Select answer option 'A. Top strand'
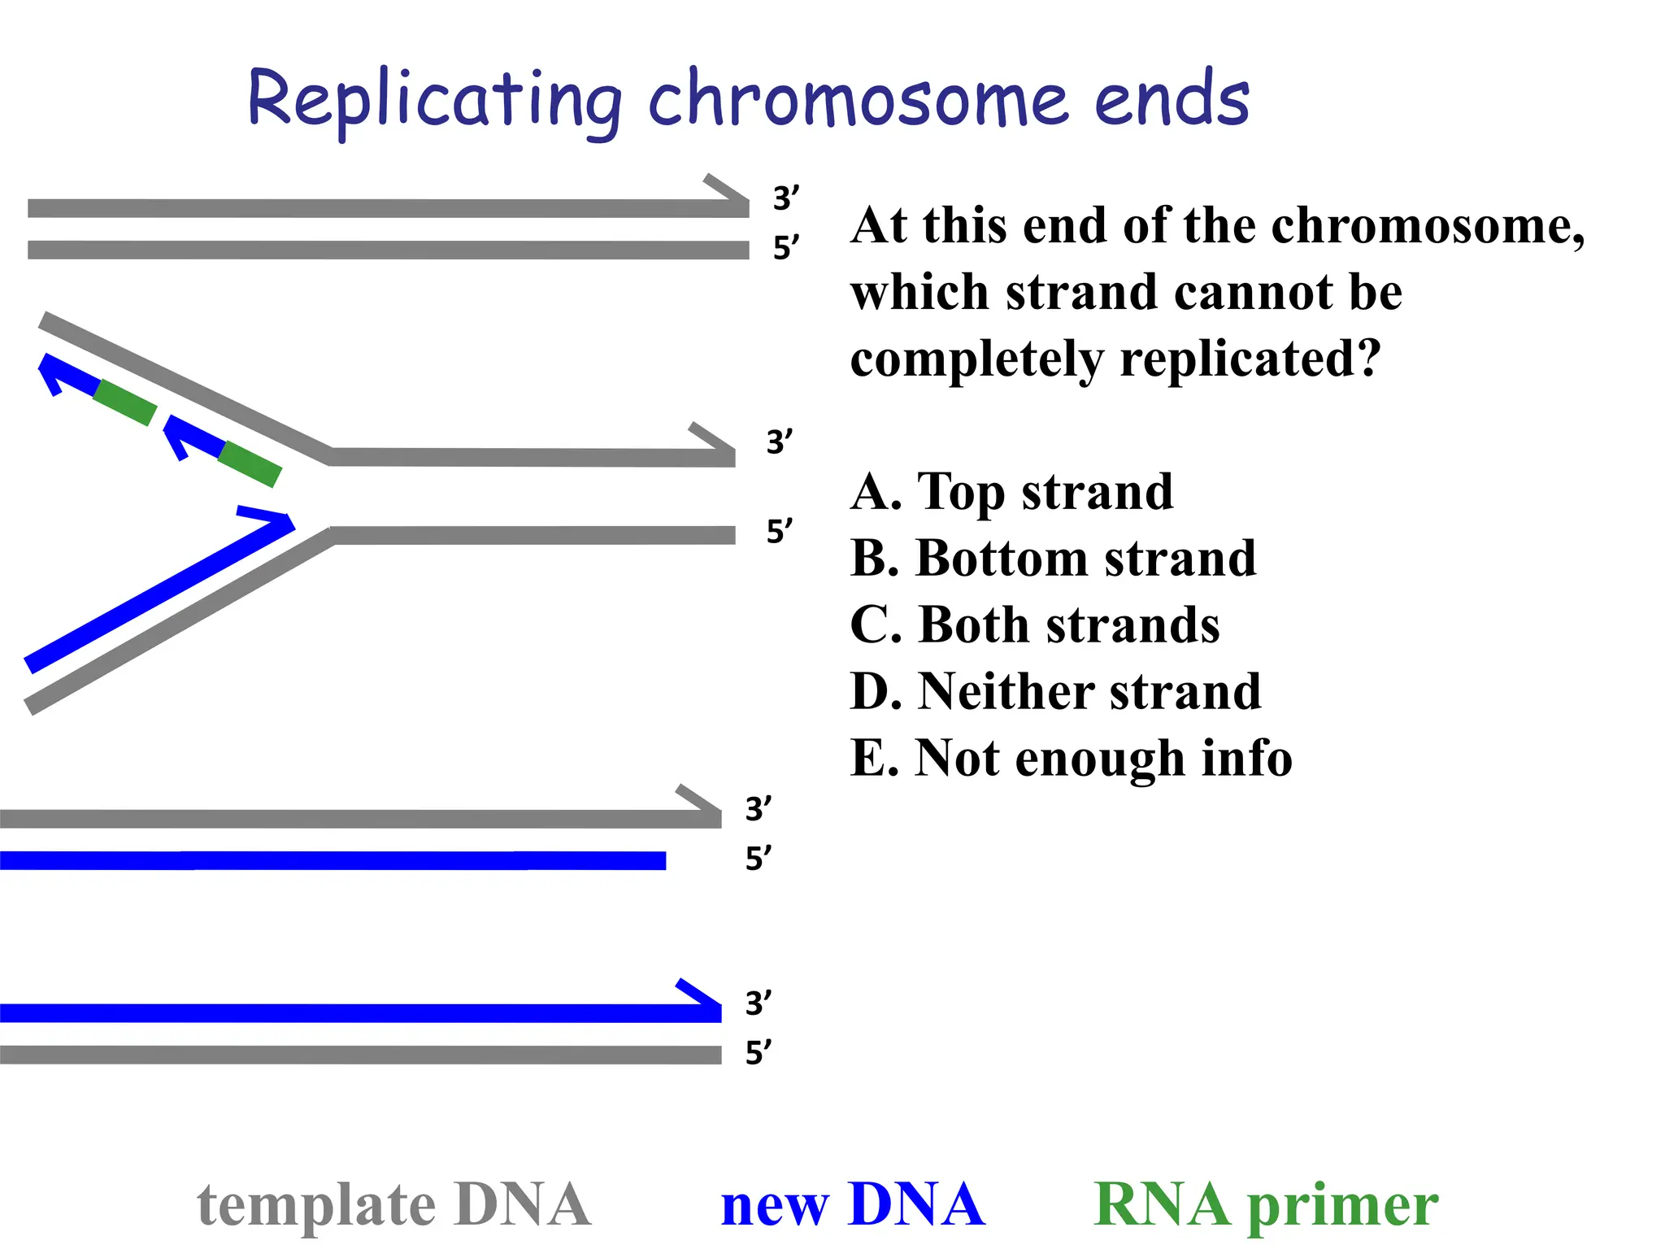(x=1011, y=492)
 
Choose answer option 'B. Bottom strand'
(x=1053, y=559)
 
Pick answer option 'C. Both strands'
(x=1034, y=625)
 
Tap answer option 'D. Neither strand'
(x=1055, y=692)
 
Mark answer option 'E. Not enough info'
(x=1071, y=759)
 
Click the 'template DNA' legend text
(x=393, y=1204)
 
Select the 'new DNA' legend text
(x=853, y=1204)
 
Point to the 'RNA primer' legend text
(x=1266, y=1204)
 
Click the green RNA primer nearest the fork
(x=250, y=464)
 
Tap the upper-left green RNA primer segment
(x=124, y=403)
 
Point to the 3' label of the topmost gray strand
(x=785, y=198)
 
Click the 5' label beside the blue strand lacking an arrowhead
(x=758, y=859)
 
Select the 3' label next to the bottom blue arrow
(x=758, y=1003)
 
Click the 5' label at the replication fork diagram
(x=779, y=531)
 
